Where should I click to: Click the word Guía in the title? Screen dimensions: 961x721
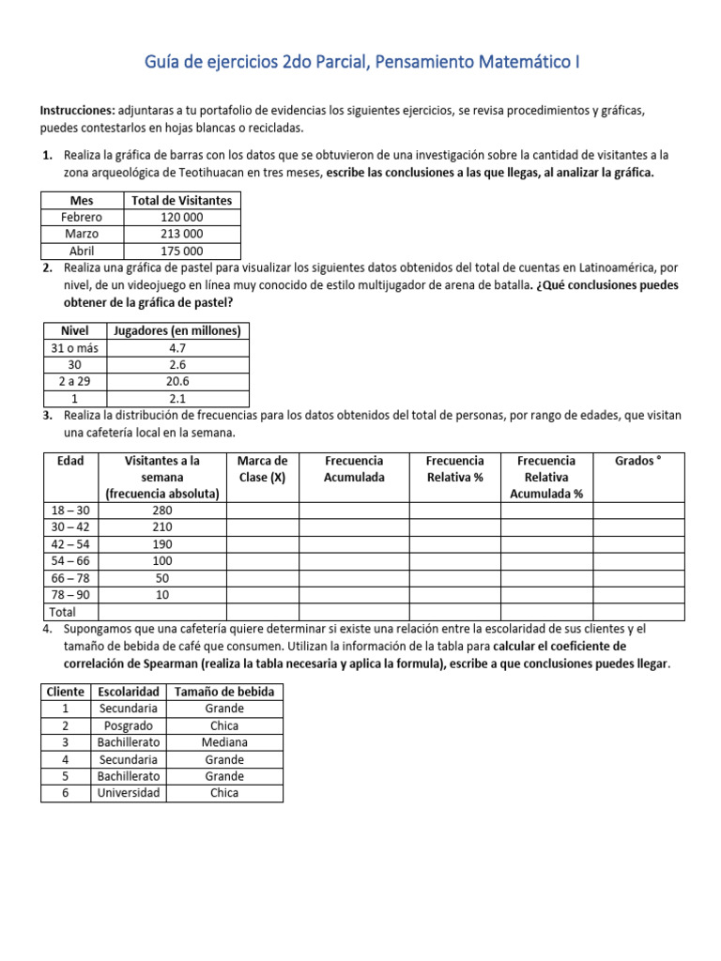click(164, 63)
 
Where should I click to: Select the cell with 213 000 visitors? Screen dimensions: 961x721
click(181, 234)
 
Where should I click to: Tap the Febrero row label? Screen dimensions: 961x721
click(82, 217)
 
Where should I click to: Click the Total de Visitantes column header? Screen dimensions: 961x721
click(181, 200)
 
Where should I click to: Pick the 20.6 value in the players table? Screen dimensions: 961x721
click(177, 382)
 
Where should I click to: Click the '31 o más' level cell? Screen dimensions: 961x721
click(73, 348)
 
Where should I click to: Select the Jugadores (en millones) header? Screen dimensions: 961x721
click(177, 330)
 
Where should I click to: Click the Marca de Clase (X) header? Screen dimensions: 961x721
click(262, 468)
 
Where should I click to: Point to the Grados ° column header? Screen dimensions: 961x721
click(638, 461)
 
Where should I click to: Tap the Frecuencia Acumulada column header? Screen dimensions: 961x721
click(354, 468)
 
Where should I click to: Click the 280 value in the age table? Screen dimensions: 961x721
click(161, 511)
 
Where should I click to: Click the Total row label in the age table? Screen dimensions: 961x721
click(61, 612)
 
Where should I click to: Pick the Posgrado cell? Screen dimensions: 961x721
click(128, 725)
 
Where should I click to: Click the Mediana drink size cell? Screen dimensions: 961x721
click(224, 742)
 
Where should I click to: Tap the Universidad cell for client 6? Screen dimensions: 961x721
click(128, 793)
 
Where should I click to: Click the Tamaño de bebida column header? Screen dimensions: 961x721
click(224, 692)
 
